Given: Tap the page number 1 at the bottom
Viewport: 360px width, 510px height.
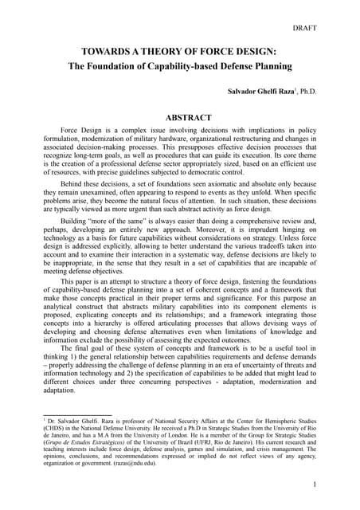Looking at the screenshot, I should [x=315, y=484].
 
